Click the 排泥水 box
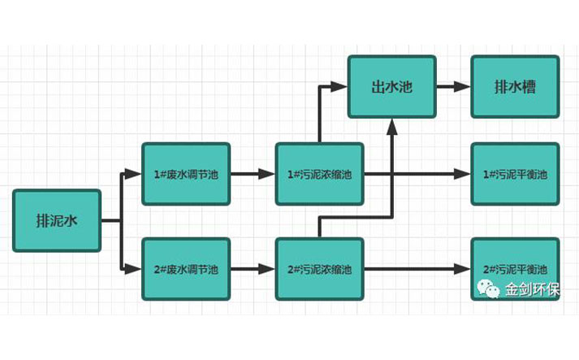click(x=57, y=220)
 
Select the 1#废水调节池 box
click(x=186, y=174)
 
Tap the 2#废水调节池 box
click(x=186, y=268)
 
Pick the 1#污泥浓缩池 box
click(x=319, y=174)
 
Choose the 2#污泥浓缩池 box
click(x=319, y=268)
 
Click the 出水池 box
click(x=392, y=86)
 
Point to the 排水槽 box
click(x=516, y=86)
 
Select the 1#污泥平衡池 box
click(x=516, y=174)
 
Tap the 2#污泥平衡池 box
click(x=516, y=268)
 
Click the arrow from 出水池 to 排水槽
click(x=453, y=86)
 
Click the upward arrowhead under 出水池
click(x=392, y=125)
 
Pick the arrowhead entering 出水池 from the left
click(x=342, y=86)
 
